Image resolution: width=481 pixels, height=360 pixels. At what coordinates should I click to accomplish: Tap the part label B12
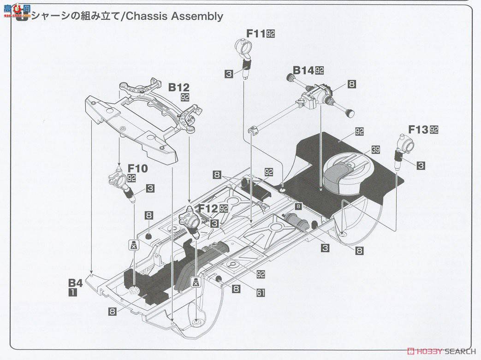click(x=178, y=87)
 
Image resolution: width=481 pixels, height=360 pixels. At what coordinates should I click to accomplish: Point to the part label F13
click(x=418, y=130)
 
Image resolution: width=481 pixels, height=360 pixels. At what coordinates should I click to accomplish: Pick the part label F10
click(x=137, y=169)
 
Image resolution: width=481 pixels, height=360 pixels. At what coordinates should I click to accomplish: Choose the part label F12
click(x=208, y=208)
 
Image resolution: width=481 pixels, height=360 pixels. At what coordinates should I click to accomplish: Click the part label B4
click(x=75, y=283)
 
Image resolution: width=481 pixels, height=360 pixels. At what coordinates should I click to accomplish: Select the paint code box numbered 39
click(x=376, y=149)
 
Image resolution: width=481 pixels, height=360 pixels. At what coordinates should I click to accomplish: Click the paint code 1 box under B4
click(x=73, y=292)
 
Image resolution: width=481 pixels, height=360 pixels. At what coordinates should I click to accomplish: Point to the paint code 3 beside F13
click(x=421, y=165)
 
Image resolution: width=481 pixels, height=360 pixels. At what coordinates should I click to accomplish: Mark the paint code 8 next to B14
click(x=352, y=84)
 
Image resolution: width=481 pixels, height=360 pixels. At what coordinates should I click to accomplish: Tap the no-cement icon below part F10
click(x=133, y=245)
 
